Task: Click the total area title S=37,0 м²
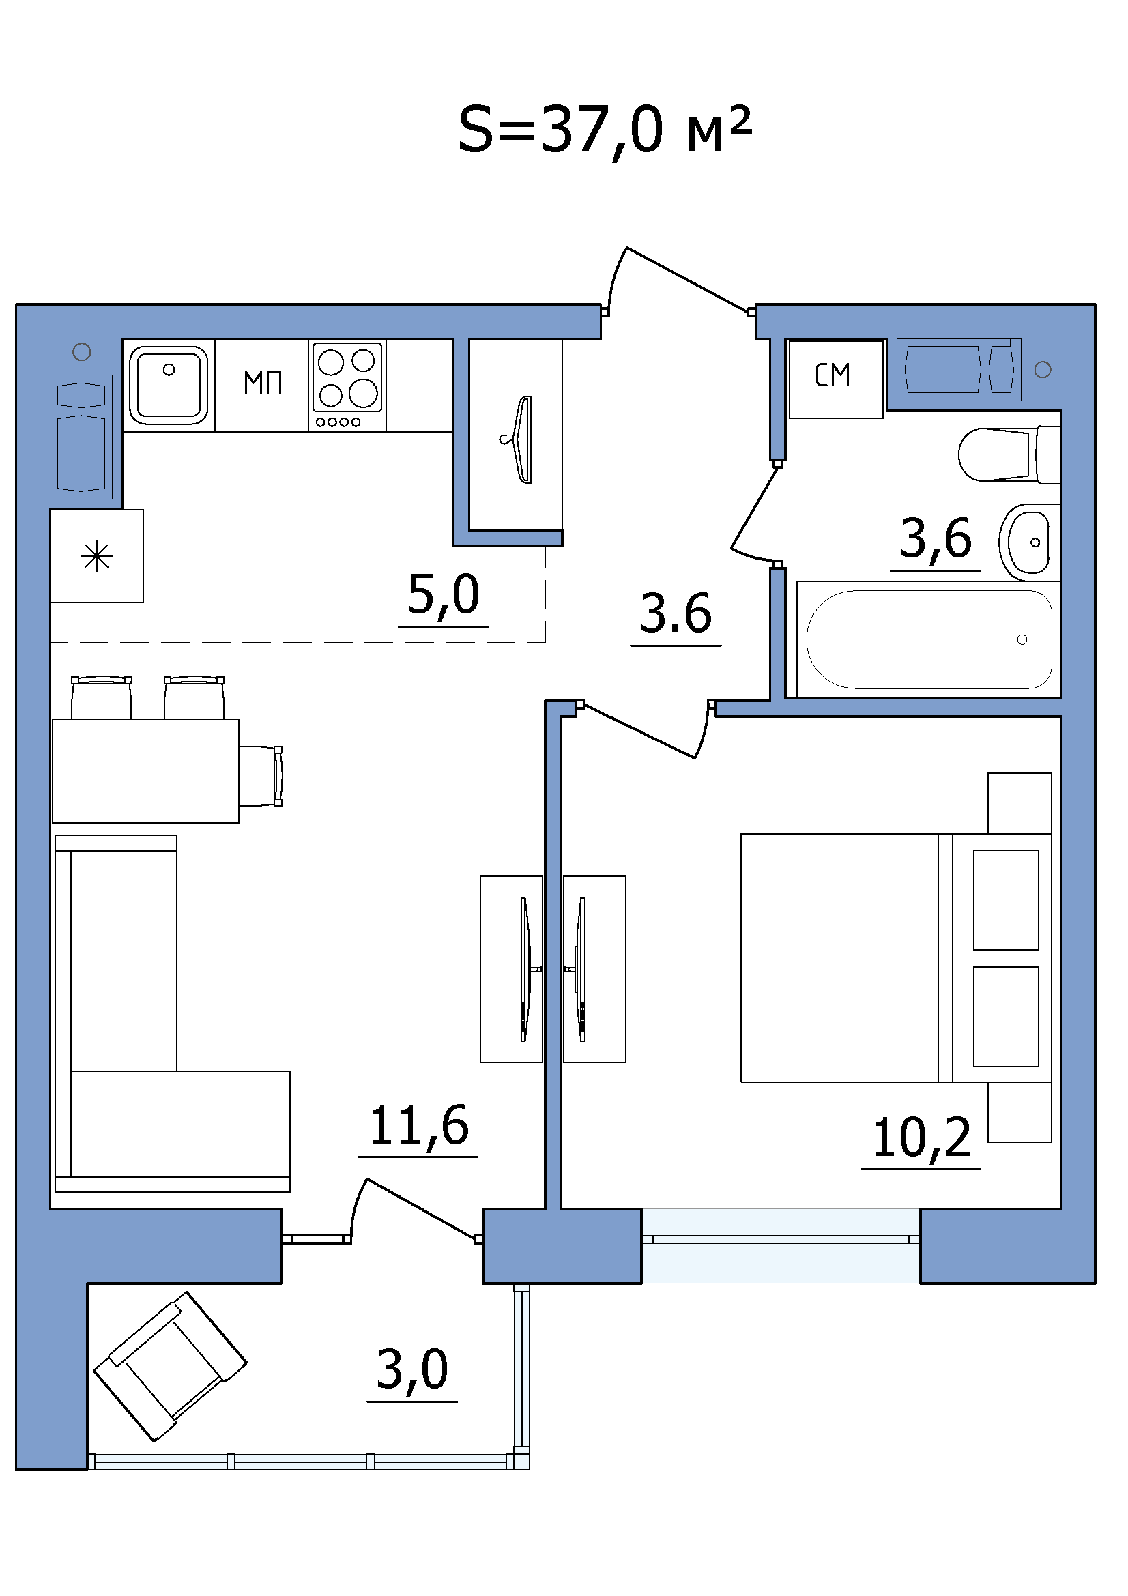coord(605,131)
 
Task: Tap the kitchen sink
coord(169,385)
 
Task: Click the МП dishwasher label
coord(263,383)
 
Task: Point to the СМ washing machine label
coord(833,376)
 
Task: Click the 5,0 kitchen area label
coord(444,596)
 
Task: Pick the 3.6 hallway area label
coord(676,615)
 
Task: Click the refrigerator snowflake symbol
coord(97,556)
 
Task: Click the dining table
coord(146,771)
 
